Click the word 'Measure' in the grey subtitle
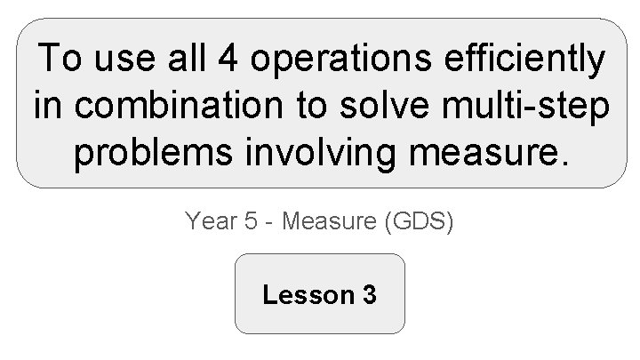[328, 220]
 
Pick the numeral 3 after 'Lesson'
[369, 294]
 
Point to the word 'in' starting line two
[47, 107]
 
